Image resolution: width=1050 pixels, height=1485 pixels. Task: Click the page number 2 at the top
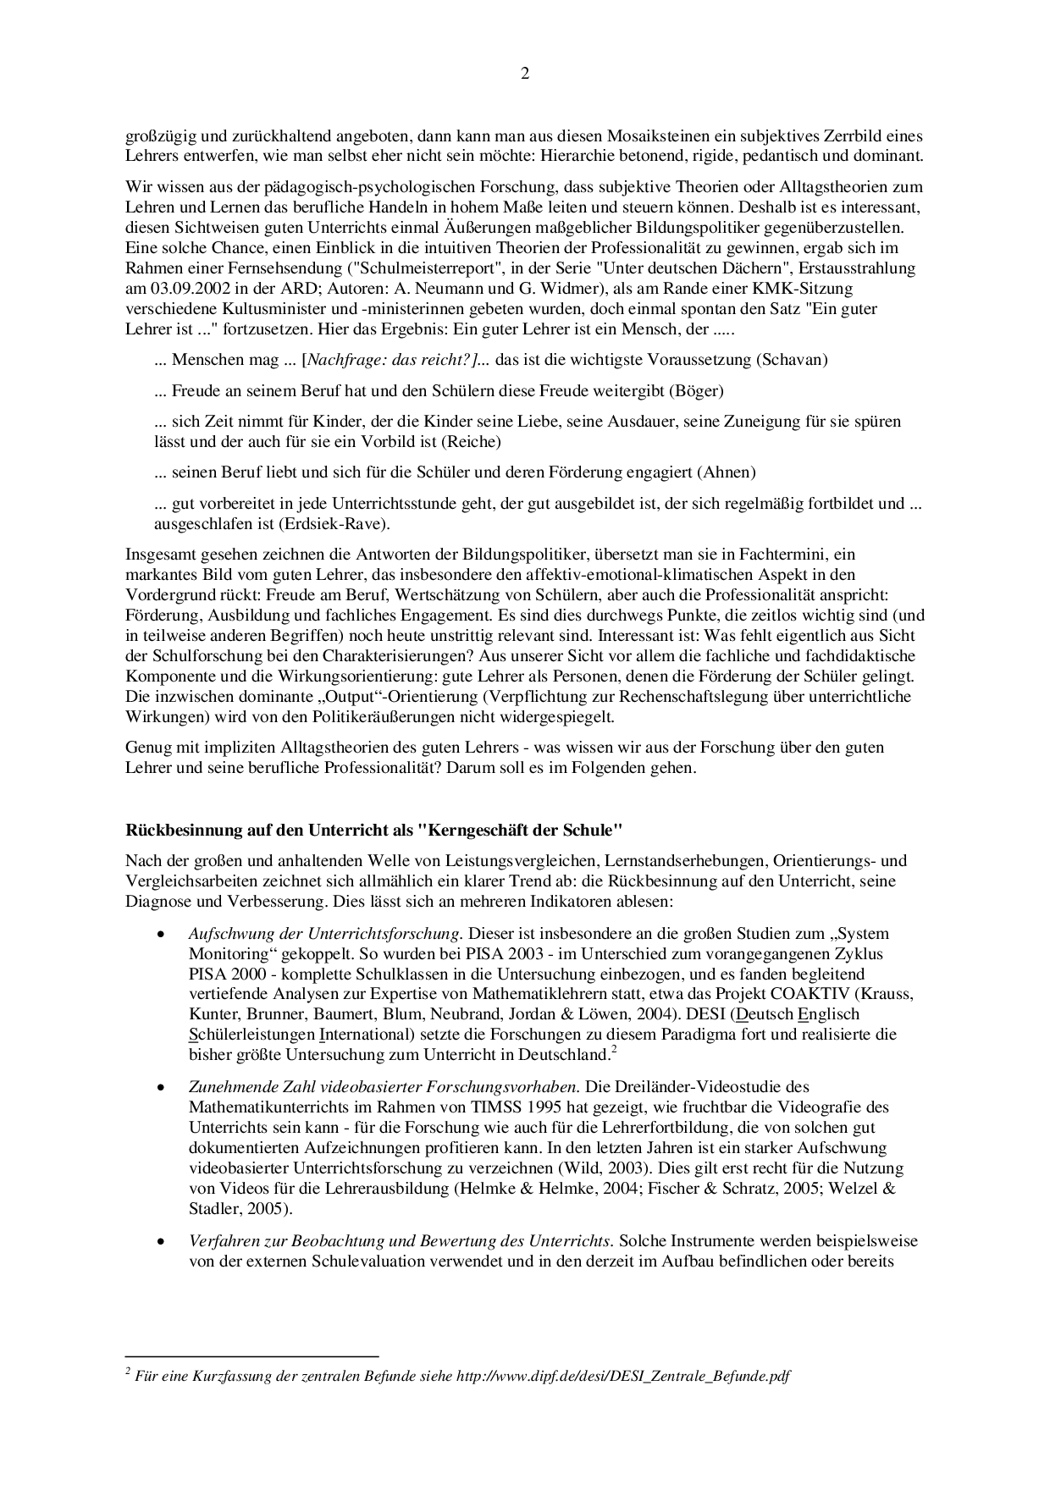tap(525, 75)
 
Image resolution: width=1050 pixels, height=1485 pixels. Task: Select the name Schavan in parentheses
tap(792, 360)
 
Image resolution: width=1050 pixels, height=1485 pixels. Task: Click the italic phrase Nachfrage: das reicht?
tap(390, 360)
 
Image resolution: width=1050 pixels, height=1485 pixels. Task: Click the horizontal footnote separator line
tap(251, 1355)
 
